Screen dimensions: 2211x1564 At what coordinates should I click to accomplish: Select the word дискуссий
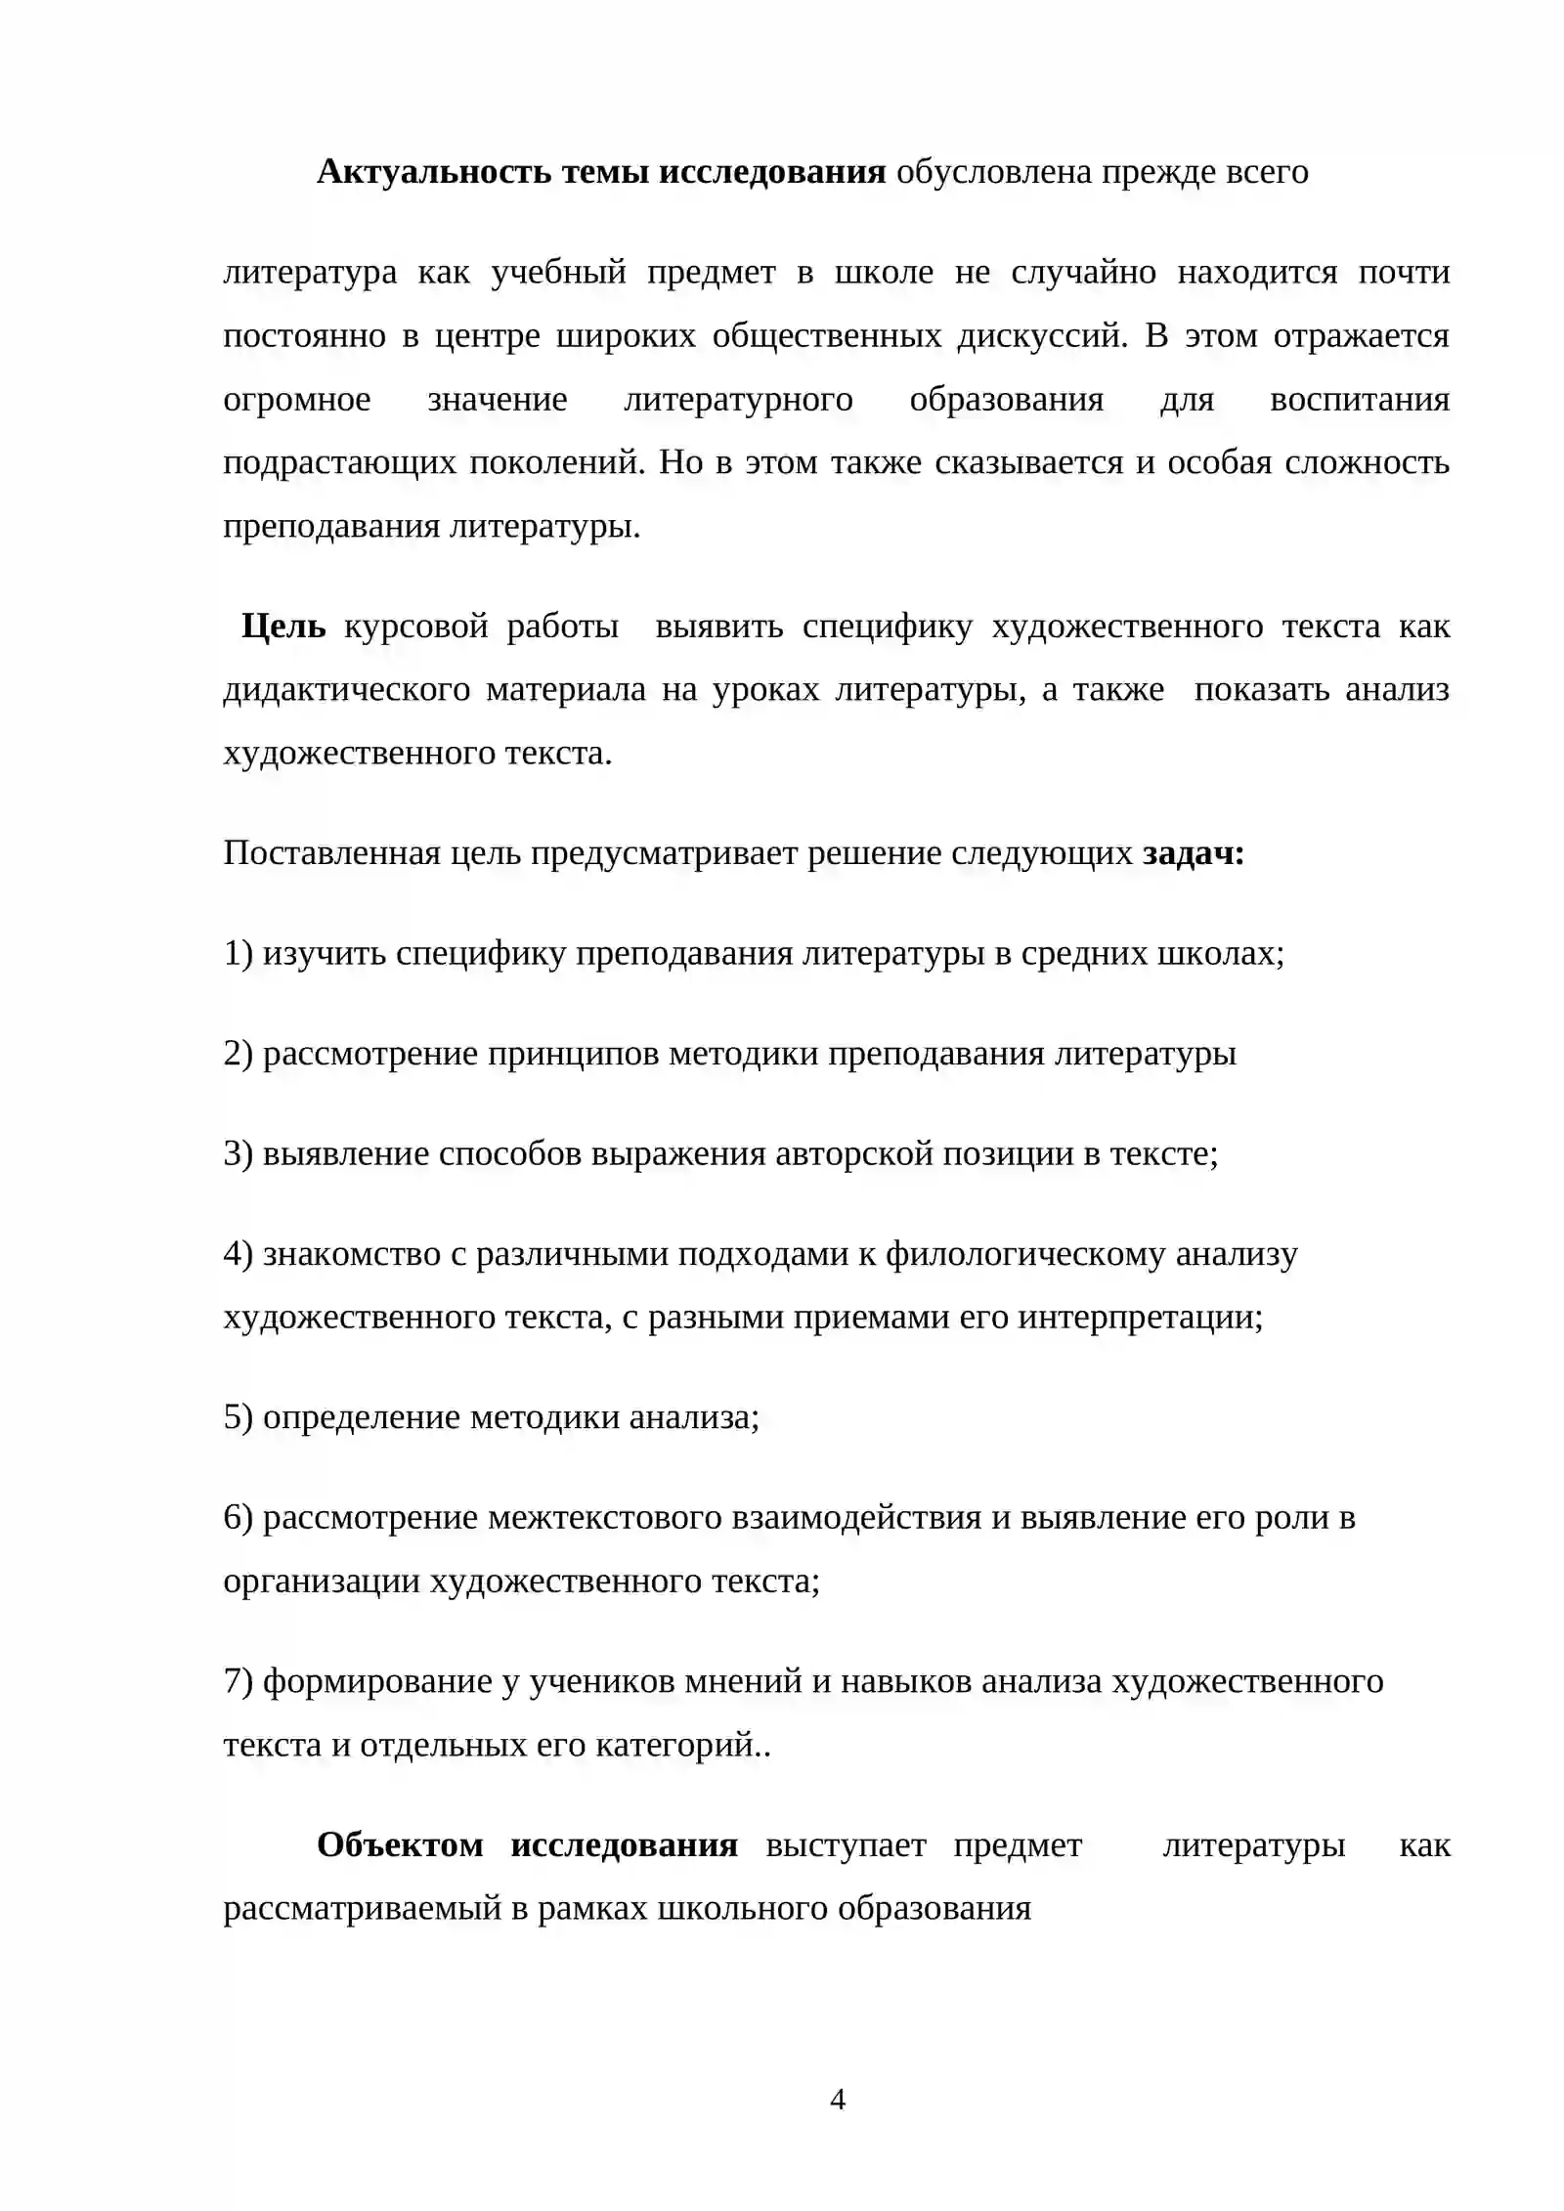(x=1041, y=335)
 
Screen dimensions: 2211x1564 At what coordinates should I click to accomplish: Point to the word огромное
(x=297, y=399)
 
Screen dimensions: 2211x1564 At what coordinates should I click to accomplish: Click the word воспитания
(x=1359, y=399)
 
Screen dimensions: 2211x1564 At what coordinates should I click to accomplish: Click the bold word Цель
(x=283, y=626)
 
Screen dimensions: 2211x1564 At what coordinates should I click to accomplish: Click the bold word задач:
(x=1194, y=853)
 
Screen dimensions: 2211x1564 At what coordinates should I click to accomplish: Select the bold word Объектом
(x=400, y=1845)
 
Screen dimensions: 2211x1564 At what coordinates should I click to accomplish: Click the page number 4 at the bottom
(x=837, y=2100)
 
